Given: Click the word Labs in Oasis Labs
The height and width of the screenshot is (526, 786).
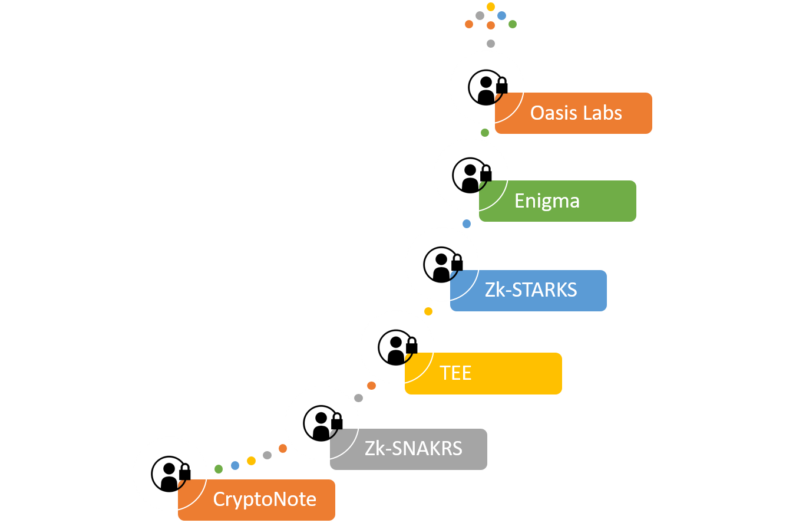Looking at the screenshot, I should pyautogui.click(x=602, y=113).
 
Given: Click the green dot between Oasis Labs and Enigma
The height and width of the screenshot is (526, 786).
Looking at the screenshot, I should pyautogui.click(x=485, y=133).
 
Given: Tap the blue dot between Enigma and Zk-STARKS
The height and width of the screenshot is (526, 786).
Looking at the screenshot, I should pyautogui.click(x=467, y=224).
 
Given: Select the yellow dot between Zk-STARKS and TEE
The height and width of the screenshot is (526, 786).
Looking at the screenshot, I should pyautogui.click(x=428, y=311).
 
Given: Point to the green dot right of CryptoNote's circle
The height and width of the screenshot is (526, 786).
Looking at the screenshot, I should pyautogui.click(x=219, y=469).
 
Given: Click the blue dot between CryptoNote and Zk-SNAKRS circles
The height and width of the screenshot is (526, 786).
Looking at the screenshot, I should pyautogui.click(x=235, y=465).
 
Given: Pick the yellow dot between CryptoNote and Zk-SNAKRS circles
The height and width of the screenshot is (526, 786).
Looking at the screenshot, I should pyautogui.click(x=251, y=461).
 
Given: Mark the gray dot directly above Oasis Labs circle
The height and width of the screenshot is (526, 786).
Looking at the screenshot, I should pyautogui.click(x=491, y=43).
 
